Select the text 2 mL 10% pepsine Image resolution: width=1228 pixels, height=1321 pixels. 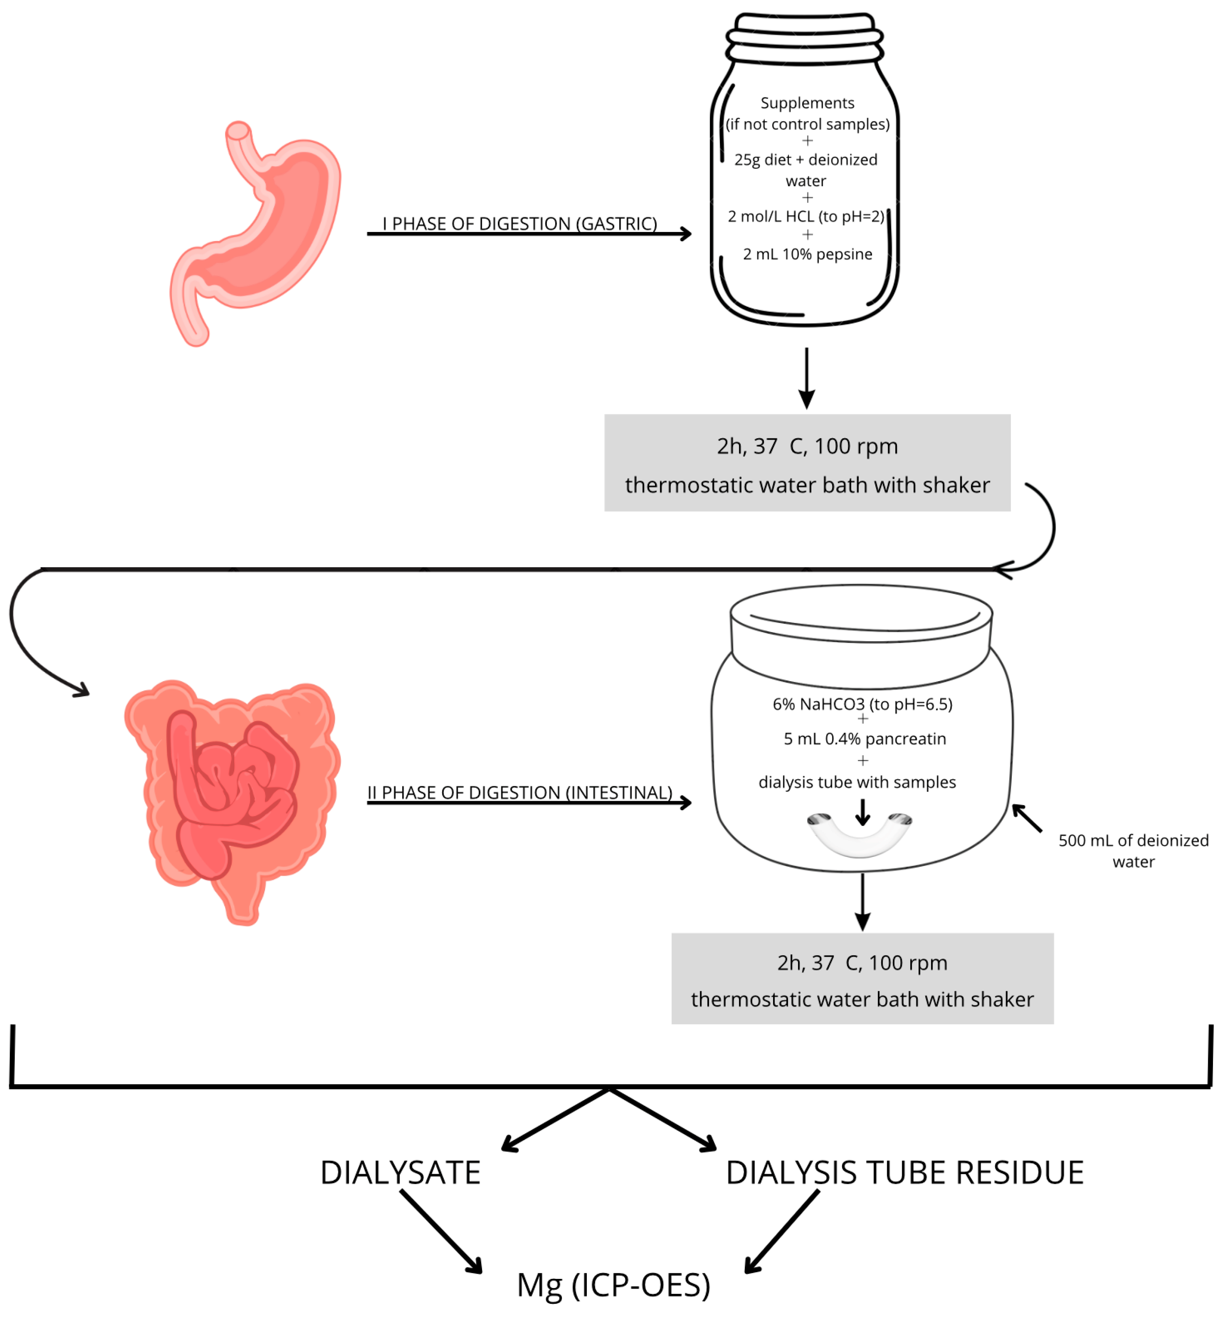(x=808, y=254)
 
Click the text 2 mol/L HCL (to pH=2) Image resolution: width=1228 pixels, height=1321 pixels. (x=806, y=217)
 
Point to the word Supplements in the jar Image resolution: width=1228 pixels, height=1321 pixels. (x=808, y=103)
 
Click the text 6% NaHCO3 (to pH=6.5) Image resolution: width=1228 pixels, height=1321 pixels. (x=863, y=704)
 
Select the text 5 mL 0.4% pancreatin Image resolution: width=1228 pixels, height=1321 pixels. (x=864, y=738)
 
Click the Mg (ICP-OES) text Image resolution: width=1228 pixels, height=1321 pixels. (x=613, y=1285)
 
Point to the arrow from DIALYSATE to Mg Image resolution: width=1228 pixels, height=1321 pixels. (x=442, y=1232)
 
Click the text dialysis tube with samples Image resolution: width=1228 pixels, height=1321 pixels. (x=857, y=782)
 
